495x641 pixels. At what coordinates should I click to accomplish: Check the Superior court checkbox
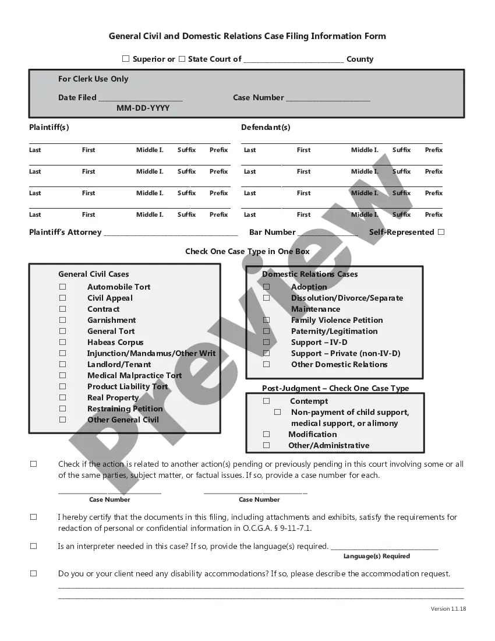[x=126, y=59]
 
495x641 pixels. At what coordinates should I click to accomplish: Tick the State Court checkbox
[x=182, y=59]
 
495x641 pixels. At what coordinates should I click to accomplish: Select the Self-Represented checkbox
[x=441, y=232]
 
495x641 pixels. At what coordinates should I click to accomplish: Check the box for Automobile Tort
[x=62, y=287]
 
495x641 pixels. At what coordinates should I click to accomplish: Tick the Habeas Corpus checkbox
[x=62, y=342]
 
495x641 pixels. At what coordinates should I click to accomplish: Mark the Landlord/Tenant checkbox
[x=62, y=364]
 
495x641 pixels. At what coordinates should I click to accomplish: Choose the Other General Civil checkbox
[x=62, y=420]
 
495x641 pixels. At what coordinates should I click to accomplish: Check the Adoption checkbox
[x=266, y=287]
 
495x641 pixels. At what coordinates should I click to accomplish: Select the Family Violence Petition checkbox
[x=266, y=320]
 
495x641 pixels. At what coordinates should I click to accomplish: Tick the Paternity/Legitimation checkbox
[x=266, y=331]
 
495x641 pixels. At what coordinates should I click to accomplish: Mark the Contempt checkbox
[x=266, y=401]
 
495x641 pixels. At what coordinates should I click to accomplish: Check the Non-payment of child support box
[x=278, y=412]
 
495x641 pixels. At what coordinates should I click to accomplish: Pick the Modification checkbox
[x=266, y=434]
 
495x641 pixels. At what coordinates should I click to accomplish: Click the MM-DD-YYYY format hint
[x=143, y=108]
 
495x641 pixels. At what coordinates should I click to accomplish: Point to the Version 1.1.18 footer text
[x=448, y=609]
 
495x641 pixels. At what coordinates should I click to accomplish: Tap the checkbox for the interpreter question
[x=33, y=547]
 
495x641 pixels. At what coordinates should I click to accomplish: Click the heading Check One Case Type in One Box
[x=248, y=252]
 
